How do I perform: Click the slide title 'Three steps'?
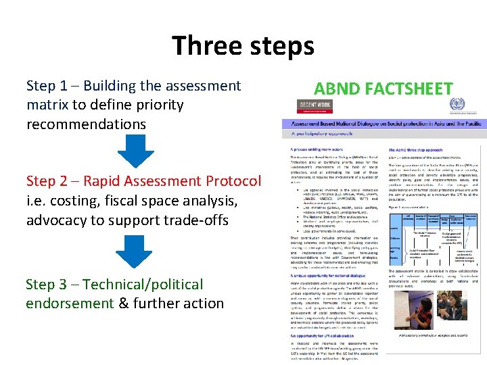point(243,46)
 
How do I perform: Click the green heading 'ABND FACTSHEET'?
point(383,89)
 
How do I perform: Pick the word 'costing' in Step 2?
point(70,201)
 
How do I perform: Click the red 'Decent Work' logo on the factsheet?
point(315,107)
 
